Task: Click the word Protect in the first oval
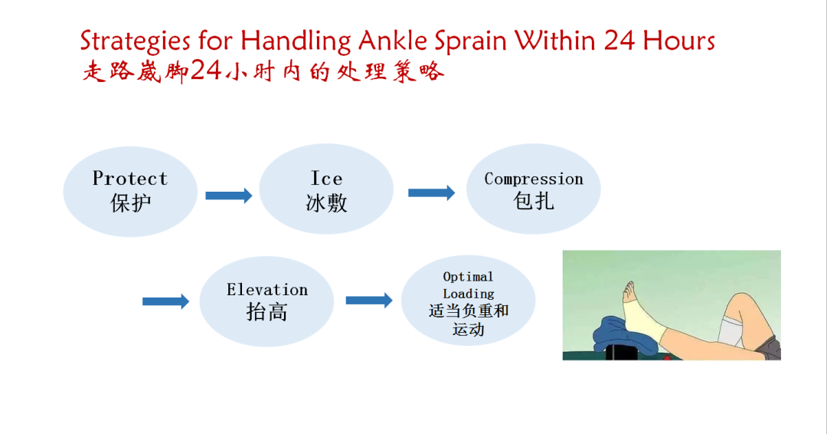tap(129, 179)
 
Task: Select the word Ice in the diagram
tap(326, 179)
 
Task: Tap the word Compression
tap(534, 179)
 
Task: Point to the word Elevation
tap(267, 289)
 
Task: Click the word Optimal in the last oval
tap(468, 277)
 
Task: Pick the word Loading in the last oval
tap(469, 294)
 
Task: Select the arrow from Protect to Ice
tap(228, 196)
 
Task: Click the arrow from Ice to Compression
tap(431, 192)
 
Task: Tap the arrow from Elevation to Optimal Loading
tap(369, 301)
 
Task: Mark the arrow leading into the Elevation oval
tap(165, 301)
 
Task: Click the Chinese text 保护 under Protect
tap(130, 203)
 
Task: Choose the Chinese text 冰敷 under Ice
tap(326, 202)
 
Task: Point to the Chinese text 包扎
tap(533, 201)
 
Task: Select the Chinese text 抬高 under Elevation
tap(267, 312)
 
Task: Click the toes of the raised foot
tap(629, 290)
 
